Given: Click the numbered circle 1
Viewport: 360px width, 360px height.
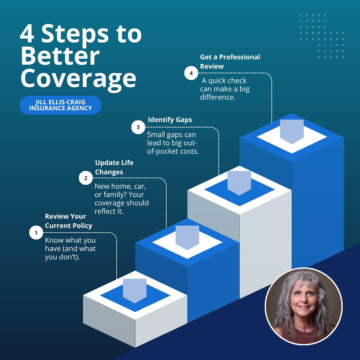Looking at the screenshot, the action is (x=36, y=233).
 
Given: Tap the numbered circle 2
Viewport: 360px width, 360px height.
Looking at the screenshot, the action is (x=86, y=178).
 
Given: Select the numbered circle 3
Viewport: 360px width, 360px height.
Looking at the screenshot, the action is (x=138, y=127).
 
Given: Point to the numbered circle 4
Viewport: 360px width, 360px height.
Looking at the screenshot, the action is (x=191, y=73).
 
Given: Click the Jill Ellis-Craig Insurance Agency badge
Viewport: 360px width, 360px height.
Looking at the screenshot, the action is (x=61, y=105).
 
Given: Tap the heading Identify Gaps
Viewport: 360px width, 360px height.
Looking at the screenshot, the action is (x=170, y=120).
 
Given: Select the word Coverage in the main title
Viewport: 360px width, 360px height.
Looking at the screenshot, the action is (x=79, y=79).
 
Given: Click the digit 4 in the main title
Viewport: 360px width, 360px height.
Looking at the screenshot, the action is (x=27, y=34).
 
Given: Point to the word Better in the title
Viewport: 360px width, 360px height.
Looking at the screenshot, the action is (x=60, y=56).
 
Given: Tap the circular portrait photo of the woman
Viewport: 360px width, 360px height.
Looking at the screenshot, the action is (x=304, y=306).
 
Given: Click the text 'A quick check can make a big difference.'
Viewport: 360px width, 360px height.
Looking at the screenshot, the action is (x=225, y=89).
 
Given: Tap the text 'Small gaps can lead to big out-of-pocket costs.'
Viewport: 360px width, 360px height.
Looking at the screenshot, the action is (x=173, y=143).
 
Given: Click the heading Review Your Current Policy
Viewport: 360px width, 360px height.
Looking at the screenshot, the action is (x=69, y=221).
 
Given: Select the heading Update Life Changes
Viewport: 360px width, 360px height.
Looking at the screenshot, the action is (x=114, y=167).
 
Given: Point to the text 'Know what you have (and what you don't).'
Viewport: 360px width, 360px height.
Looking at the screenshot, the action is (x=70, y=249).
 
